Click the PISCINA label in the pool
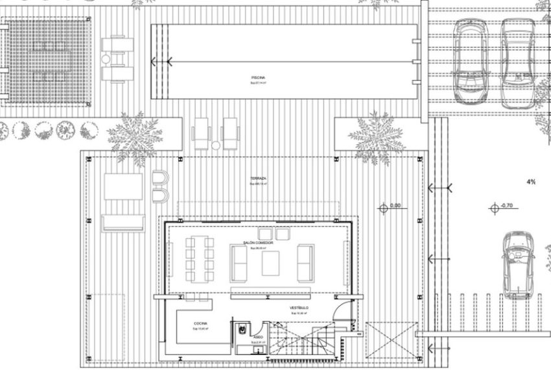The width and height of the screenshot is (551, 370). pyautogui.click(x=259, y=77)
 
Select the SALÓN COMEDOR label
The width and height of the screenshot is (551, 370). pyautogui.click(x=258, y=242)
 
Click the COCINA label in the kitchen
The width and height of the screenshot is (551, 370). pyautogui.click(x=200, y=323)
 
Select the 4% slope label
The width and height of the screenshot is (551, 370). pyautogui.click(x=531, y=182)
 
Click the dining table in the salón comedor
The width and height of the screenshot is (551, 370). pyautogui.click(x=200, y=258)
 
